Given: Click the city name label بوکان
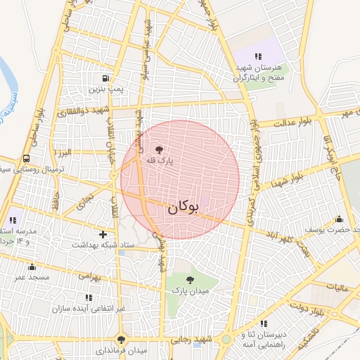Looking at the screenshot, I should [184, 207].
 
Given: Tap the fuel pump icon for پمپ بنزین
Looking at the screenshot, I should [105, 78].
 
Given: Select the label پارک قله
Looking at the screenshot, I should [159, 161].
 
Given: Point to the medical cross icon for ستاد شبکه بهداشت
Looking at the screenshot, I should [103, 233].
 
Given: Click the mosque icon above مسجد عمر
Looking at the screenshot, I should [32, 266].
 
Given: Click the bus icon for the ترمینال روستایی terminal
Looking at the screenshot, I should [26, 158].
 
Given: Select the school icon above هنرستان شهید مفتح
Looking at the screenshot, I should [258, 56].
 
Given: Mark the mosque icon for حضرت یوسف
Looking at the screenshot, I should [340, 219].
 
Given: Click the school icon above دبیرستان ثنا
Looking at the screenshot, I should [264, 323].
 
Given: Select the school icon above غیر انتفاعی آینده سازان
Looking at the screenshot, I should [88, 297].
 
